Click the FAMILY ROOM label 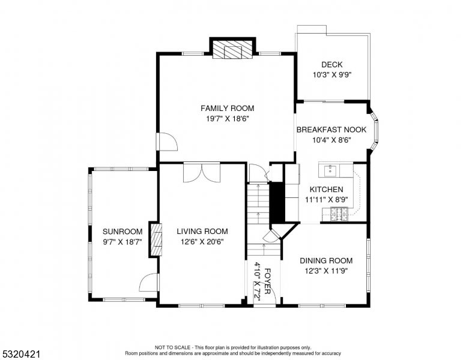click(x=228, y=109)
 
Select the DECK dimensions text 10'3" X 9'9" click(x=332, y=75)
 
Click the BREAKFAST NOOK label click(x=331, y=130)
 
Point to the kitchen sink click(x=330, y=171)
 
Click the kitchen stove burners click(x=339, y=214)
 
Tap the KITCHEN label click(x=326, y=190)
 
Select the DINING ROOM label click(x=326, y=261)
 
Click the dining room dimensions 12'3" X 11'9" click(x=326, y=271)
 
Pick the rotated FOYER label click(x=267, y=281)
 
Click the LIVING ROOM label click(x=202, y=232)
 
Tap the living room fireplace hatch click(x=157, y=240)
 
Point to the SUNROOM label click(x=123, y=232)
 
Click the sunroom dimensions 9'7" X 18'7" click(x=123, y=242)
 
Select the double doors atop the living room click(x=202, y=172)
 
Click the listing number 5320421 click(x=21, y=354)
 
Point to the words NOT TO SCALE click(x=172, y=347)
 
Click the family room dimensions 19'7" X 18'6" click(x=228, y=119)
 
